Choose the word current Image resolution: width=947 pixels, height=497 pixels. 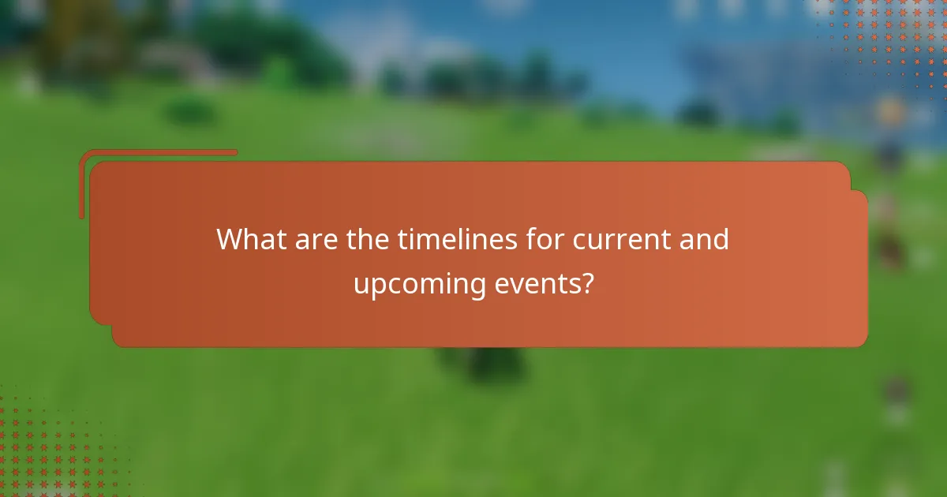click(x=619, y=238)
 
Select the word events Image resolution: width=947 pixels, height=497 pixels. click(x=537, y=283)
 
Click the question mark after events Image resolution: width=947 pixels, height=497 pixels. click(x=586, y=283)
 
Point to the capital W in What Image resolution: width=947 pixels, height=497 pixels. click(x=230, y=238)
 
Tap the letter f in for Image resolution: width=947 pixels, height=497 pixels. click(x=533, y=238)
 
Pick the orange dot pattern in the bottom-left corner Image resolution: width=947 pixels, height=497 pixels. click(x=47, y=450)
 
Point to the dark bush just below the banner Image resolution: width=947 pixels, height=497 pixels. click(x=493, y=365)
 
